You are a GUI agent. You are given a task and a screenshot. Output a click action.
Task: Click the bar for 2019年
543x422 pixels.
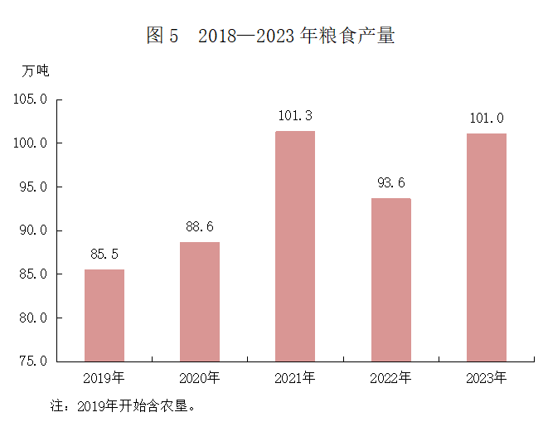click(104, 315)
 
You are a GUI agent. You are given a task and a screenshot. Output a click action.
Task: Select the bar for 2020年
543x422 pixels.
click(200, 302)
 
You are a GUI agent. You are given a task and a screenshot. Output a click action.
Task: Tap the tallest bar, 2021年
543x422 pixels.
click(295, 246)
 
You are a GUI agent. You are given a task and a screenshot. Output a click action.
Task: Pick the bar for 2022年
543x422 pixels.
click(390, 279)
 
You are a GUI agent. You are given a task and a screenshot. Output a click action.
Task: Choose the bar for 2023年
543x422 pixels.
click(486, 247)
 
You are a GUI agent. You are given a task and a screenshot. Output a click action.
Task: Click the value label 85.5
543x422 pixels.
click(104, 254)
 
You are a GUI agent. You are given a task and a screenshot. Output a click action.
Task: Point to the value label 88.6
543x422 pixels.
click(200, 226)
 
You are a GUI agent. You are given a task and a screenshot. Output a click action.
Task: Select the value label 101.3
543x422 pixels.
click(295, 115)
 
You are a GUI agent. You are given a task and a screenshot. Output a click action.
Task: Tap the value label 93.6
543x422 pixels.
click(390, 183)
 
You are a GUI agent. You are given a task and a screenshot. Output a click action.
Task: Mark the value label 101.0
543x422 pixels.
click(486, 118)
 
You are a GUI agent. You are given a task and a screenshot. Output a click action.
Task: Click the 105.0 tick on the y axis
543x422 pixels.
click(32, 100)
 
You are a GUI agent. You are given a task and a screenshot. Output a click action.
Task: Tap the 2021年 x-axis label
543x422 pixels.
click(295, 379)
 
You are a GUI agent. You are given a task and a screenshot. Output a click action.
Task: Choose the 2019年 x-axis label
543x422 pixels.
click(104, 379)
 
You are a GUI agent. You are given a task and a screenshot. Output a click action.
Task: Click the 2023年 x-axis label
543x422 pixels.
click(486, 379)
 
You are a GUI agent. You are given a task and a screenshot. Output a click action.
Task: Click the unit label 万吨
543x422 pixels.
click(36, 71)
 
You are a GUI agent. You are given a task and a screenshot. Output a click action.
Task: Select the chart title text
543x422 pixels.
click(270, 36)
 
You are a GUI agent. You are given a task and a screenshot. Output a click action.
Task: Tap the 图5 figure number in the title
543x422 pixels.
click(162, 36)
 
